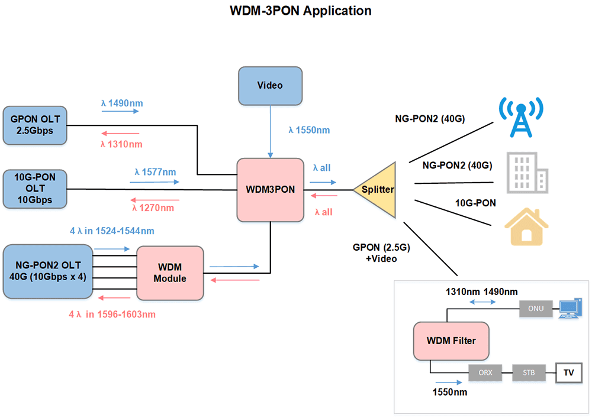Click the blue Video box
click(270, 86)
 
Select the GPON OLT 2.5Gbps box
click(36, 125)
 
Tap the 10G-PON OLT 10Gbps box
click(35, 190)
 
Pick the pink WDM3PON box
click(270, 190)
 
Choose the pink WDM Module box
click(170, 273)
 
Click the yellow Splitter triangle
click(377, 190)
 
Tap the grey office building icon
click(526, 173)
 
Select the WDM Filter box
click(451, 341)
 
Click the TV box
click(568, 373)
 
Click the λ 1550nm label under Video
click(309, 130)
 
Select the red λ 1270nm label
click(153, 208)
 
